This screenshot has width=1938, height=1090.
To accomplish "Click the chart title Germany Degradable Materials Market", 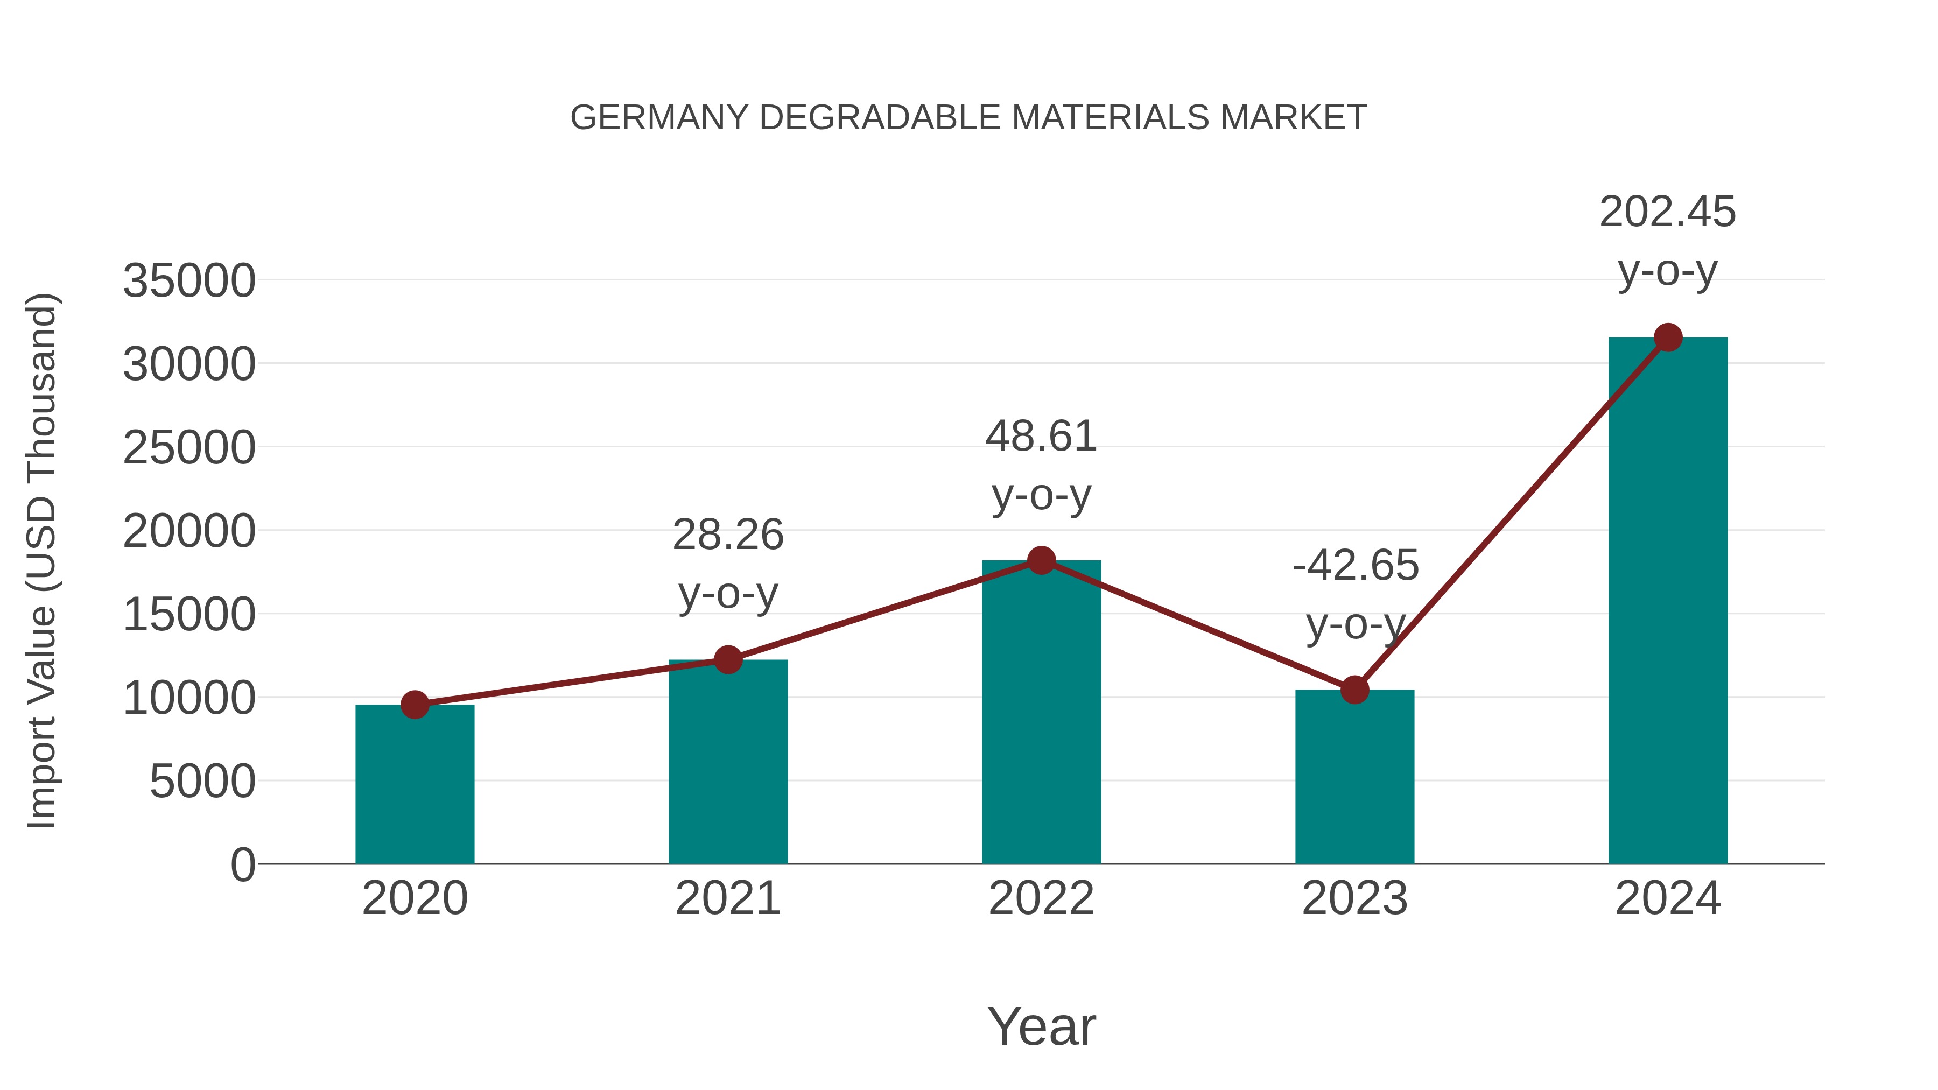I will pos(968,117).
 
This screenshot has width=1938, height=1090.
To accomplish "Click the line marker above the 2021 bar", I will pos(727,660).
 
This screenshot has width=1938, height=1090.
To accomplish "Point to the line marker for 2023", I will pos(1354,689).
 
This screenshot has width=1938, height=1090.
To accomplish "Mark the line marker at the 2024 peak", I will pos(1668,337).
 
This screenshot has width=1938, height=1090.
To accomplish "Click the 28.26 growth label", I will pos(727,535).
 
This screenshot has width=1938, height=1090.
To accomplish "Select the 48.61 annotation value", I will pos(1041,437).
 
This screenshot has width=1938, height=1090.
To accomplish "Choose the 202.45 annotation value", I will pos(1667,212).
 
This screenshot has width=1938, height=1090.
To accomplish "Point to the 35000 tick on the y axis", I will pos(189,282).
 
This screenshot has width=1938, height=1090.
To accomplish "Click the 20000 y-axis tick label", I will pos(189,532).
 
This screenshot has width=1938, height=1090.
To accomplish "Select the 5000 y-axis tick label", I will pos(202,782).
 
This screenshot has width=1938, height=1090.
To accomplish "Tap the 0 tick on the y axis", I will pos(243,865).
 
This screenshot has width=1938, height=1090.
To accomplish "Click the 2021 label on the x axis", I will pos(727,898).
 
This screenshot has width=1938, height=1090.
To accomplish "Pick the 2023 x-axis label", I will pos(1354,898).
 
